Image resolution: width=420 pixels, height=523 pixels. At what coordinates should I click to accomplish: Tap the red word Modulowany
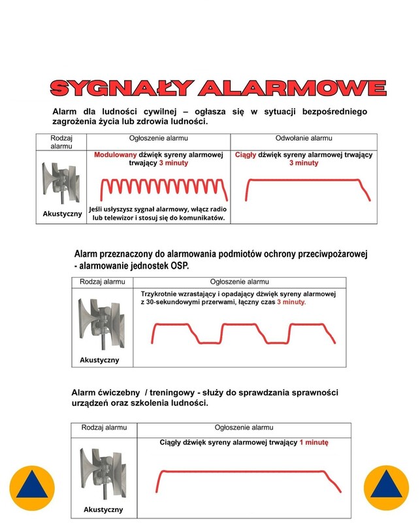pos(119,155)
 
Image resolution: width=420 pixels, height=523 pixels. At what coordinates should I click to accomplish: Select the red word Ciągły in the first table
pos(246,155)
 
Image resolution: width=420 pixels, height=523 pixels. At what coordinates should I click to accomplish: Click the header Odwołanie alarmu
pos(304,139)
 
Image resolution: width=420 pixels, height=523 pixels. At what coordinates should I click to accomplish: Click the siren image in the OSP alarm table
pos(99,322)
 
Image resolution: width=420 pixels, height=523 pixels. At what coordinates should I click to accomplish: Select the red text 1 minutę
pos(314,443)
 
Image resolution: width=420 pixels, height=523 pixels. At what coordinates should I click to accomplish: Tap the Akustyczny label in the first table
pos(61,214)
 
